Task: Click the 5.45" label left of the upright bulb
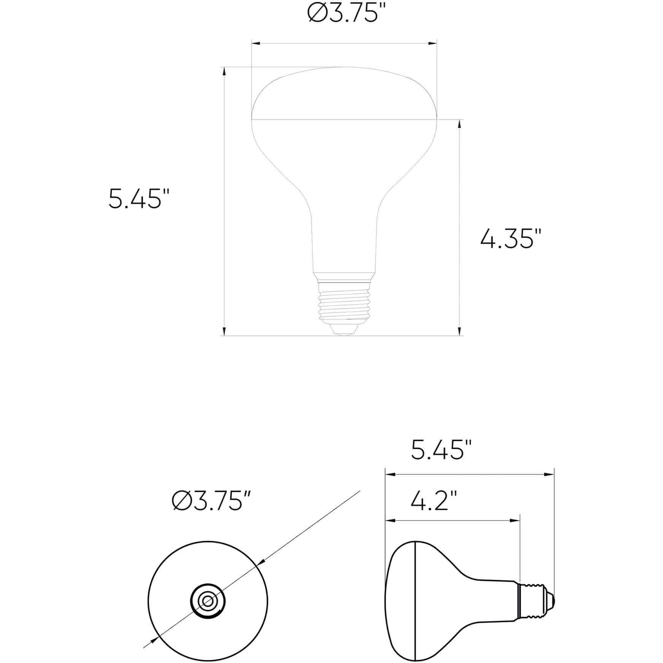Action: (139, 199)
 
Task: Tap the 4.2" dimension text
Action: (433, 501)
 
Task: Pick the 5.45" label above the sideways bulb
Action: (441, 450)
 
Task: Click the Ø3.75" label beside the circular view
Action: (211, 501)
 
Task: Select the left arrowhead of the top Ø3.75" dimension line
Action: (256, 43)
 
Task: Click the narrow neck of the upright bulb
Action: (344, 243)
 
